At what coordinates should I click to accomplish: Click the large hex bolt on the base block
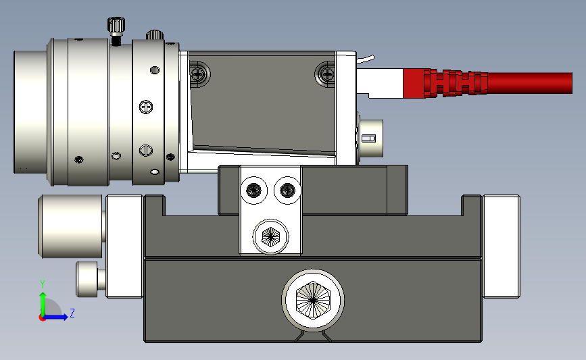pyautogui.click(x=313, y=300)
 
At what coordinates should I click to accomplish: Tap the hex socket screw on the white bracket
pyautogui.click(x=270, y=236)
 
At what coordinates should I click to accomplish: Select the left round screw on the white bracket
pyautogui.click(x=254, y=190)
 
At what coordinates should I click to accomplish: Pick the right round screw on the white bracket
pyautogui.click(x=287, y=190)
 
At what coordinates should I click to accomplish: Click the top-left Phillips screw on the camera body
pyautogui.click(x=198, y=74)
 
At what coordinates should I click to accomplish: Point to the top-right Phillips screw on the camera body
pyautogui.click(x=327, y=74)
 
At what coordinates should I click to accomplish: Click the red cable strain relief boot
pyautogui.click(x=456, y=83)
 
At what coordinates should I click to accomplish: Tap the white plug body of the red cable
pyautogui.click(x=380, y=83)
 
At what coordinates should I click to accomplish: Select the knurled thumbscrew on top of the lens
pyautogui.click(x=116, y=30)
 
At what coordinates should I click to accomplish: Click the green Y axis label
pyautogui.click(x=43, y=284)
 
